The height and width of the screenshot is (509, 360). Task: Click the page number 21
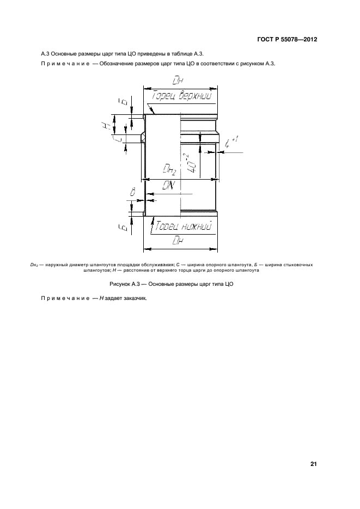(x=313, y=464)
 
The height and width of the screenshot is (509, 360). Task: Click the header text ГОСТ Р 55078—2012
(x=287, y=40)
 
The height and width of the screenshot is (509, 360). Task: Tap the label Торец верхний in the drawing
(x=182, y=96)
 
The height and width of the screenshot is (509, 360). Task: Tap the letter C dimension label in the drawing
(x=119, y=139)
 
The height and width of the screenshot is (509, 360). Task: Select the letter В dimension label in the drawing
(x=132, y=193)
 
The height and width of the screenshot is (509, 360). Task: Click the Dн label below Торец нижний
(x=178, y=241)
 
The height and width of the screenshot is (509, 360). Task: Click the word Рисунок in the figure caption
(x=120, y=284)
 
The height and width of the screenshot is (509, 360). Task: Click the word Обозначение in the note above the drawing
(x=113, y=64)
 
